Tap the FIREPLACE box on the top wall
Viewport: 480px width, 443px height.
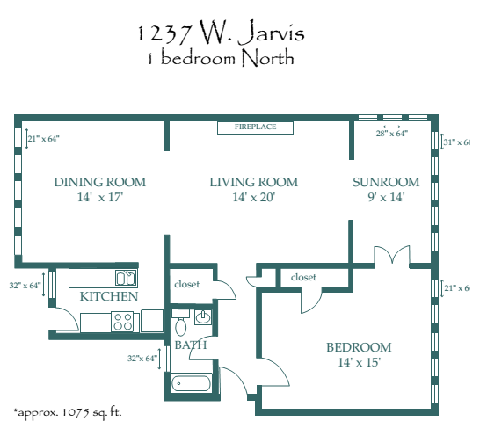click(255, 127)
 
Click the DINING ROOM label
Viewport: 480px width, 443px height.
click(99, 182)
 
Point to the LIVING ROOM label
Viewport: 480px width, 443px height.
click(254, 182)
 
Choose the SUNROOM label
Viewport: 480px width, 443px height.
click(385, 182)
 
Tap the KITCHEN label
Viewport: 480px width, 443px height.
click(108, 297)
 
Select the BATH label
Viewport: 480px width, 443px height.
click(190, 345)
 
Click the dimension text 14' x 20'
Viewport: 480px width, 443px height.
click(254, 198)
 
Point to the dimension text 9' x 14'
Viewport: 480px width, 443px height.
click(385, 198)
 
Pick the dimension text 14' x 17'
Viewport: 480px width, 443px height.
click(99, 198)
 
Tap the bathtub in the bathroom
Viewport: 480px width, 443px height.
click(191, 383)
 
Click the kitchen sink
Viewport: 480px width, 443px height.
click(127, 278)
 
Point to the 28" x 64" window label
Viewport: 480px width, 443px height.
click(391, 134)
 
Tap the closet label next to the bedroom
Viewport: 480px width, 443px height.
click(303, 277)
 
